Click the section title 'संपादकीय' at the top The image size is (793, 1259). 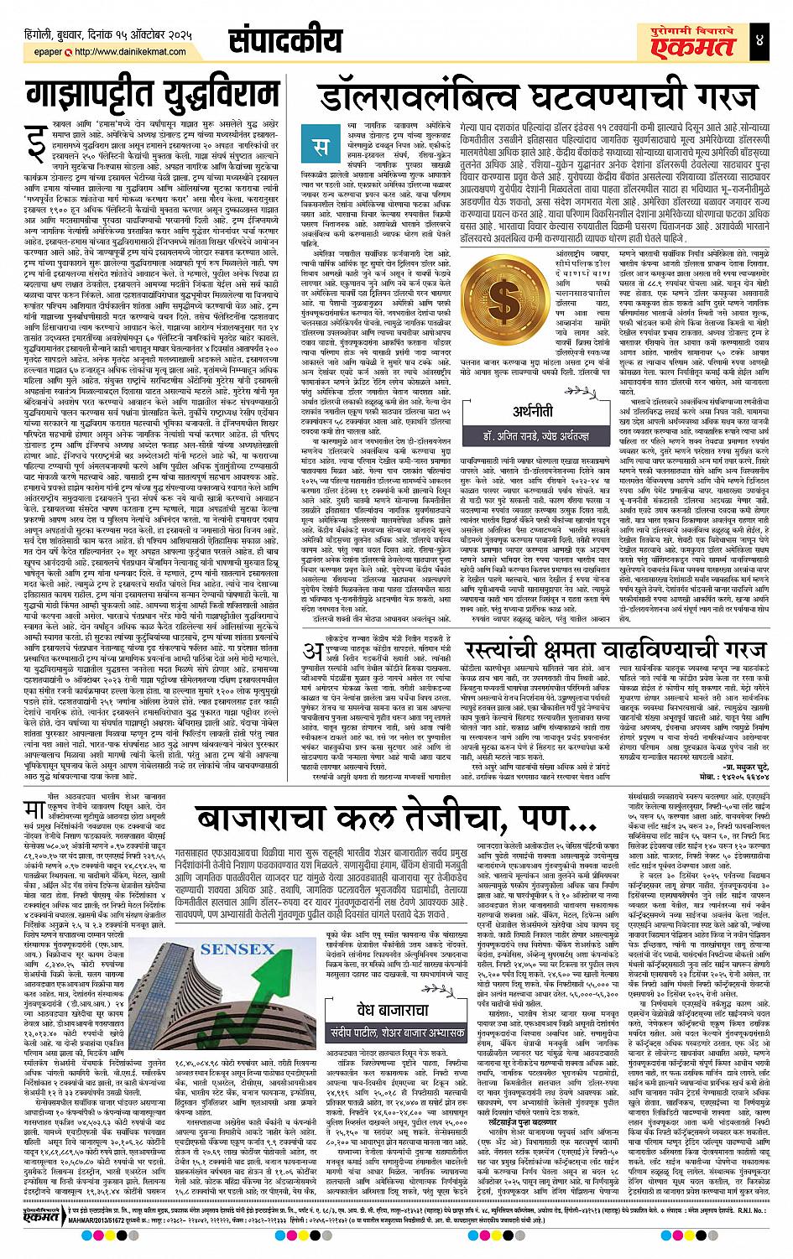point(285,38)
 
